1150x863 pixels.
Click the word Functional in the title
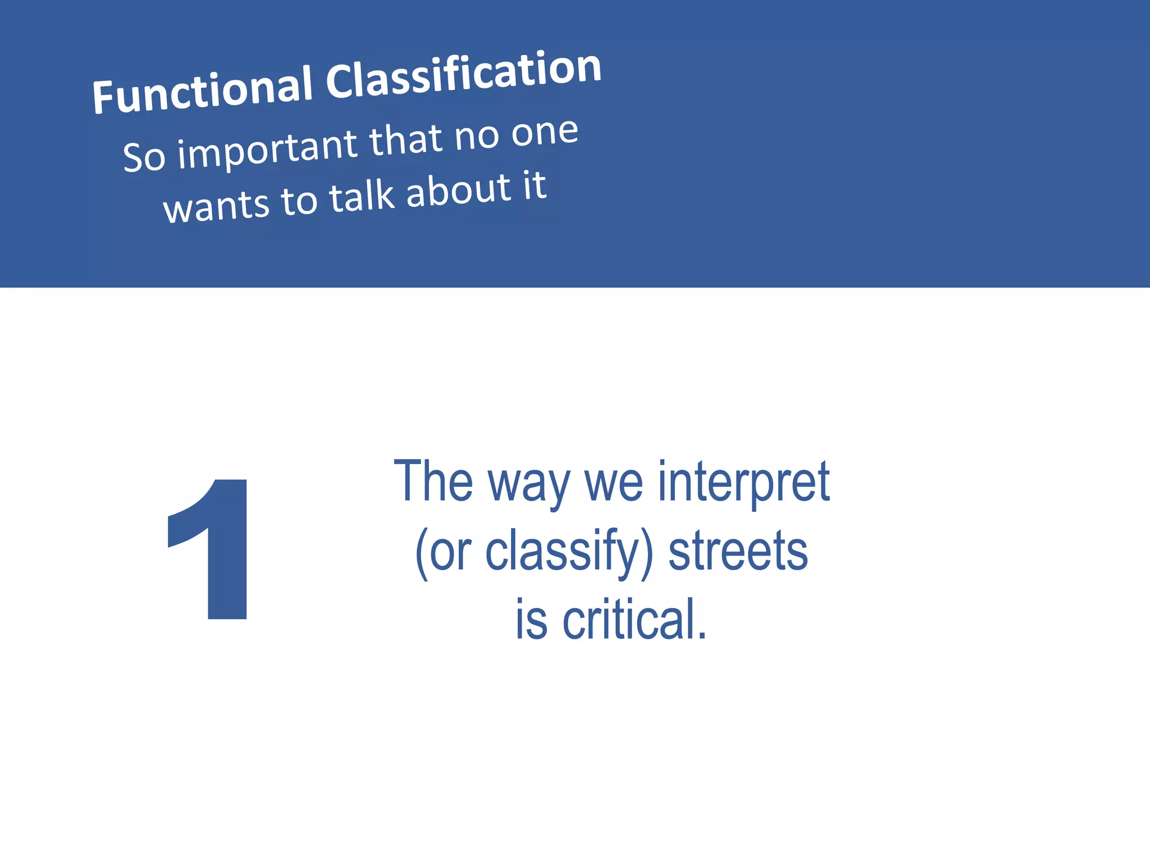(x=202, y=89)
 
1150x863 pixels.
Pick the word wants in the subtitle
(x=216, y=205)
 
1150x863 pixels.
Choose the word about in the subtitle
(x=458, y=189)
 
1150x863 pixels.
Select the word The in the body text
(x=433, y=482)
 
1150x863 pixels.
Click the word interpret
(x=743, y=482)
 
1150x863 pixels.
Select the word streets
(x=738, y=552)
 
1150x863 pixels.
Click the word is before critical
(x=531, y=619)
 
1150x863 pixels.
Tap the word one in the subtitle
(x=544, y=133)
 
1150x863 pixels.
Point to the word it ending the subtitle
(x=534, y=185)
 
